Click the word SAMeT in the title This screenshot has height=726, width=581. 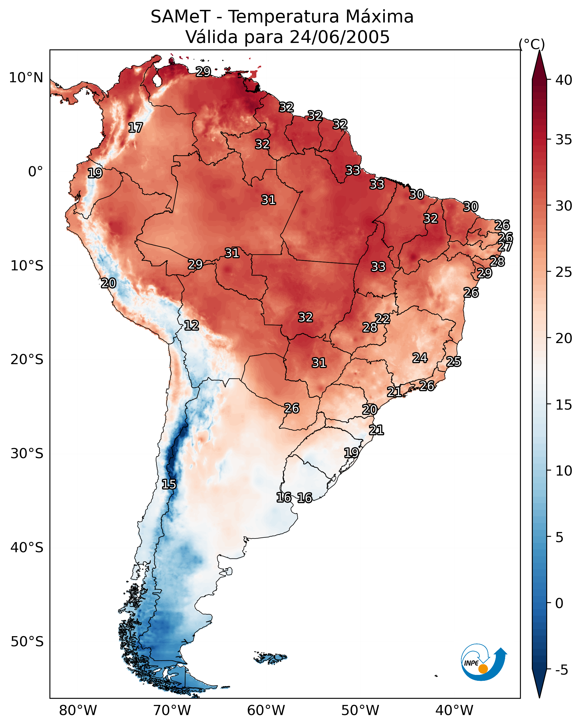coord(180,17)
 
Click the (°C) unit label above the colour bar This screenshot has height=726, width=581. coord(532,44)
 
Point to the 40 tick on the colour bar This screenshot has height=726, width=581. coord(564,80)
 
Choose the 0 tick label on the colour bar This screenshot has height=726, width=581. coord(559,604)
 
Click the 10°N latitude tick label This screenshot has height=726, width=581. coord(26,78)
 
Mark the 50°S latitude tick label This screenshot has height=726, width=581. coord(27,642)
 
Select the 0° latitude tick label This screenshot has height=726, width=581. coord(35,172)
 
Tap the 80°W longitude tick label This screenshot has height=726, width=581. coord(78,711)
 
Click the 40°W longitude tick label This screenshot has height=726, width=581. coord(454,711)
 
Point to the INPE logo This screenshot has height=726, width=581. coord(483,662)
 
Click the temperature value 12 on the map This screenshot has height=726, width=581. coord(191,325)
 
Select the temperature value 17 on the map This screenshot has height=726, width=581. coord(135,128)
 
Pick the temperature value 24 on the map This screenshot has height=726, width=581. coord(420,358)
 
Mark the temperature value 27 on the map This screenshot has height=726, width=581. coord(505,246)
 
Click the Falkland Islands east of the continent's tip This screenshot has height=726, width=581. coord(270,658)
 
